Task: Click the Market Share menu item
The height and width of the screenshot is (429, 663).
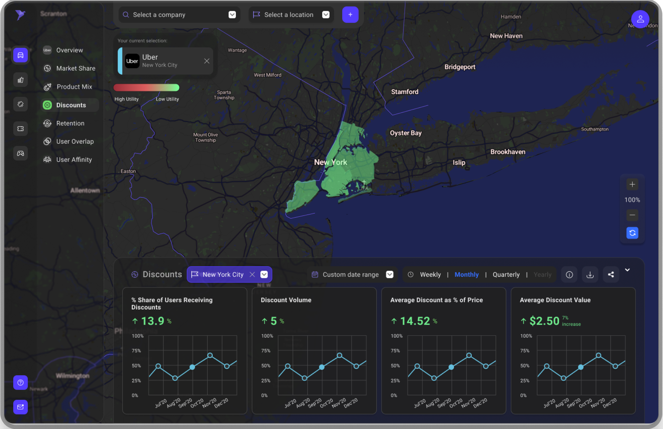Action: tap(75, 68)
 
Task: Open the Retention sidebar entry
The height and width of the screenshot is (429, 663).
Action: tap(70, 123)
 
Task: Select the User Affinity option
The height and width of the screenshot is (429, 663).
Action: tap(74, 160)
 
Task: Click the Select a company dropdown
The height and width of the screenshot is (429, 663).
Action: tap(179, 15)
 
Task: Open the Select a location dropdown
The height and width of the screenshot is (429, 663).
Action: tap(291, 15)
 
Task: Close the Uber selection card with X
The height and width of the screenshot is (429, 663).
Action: tap(207, 61)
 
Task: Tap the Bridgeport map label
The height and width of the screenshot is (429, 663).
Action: tap(459, 67)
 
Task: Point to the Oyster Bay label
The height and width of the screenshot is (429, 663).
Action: tap(405, 133)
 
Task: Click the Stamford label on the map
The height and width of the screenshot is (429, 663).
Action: tap(404, 92)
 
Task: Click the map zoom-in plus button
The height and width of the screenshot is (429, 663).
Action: tap(632, 184)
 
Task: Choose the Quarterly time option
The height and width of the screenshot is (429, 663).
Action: tap(506, 274)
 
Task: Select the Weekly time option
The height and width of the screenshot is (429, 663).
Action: tap(430, 274)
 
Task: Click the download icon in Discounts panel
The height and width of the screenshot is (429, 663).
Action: tap(590, 274)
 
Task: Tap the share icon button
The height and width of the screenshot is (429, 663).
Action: tap(611, 274)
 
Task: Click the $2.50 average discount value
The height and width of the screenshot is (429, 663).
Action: tap(544, 321)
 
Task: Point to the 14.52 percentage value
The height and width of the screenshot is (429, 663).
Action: tap(415, 321)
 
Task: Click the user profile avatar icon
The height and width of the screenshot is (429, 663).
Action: tap(640, 19)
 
